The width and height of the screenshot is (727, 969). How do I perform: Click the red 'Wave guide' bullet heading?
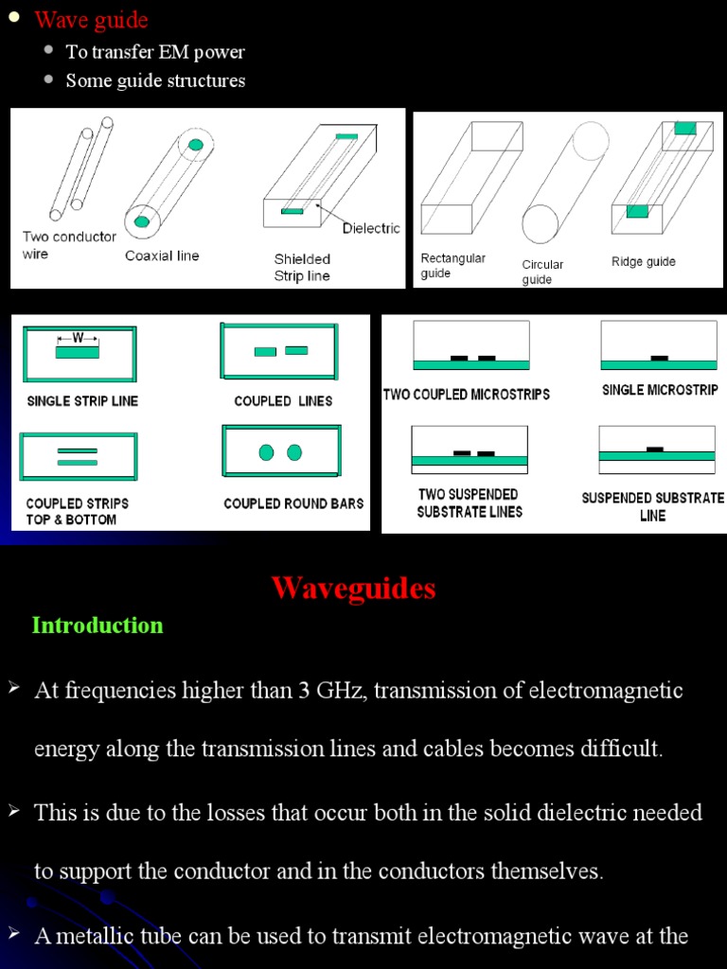click(x=91, y=20)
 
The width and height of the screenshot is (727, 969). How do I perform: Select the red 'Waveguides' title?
click(x=353, y=589)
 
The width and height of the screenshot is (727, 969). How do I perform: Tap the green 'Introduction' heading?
click(x=98, y=625)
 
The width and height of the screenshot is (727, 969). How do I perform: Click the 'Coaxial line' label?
click(x=162, y=255)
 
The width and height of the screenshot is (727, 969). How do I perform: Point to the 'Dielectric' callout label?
click(x=371, y=228)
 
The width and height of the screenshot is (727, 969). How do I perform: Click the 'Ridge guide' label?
click(x=644, y=261)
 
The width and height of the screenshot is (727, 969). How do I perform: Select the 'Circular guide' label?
click(x=542, y=273)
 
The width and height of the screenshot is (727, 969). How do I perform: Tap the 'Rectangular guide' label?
click(x=452, y=266)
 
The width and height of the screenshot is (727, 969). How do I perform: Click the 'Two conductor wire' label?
click(x=69, y=245)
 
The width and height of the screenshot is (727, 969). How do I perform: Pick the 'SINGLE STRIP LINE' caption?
click(x=82, y=401)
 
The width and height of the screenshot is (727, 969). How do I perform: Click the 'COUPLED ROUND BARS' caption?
click(x=293, y=503)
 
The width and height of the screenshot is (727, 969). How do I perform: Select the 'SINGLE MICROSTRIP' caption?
click(x=660, y=390)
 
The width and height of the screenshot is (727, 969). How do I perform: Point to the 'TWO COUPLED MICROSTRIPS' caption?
click(x=467, y=394)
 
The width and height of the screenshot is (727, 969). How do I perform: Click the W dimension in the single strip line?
click(x=78, y=337)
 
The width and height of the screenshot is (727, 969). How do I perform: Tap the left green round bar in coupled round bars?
click(x=266, y=452)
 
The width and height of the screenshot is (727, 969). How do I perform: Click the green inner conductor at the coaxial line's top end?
click(x=195, y=145)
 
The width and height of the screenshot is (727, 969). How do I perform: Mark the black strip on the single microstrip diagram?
click(x=659, y=358)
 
